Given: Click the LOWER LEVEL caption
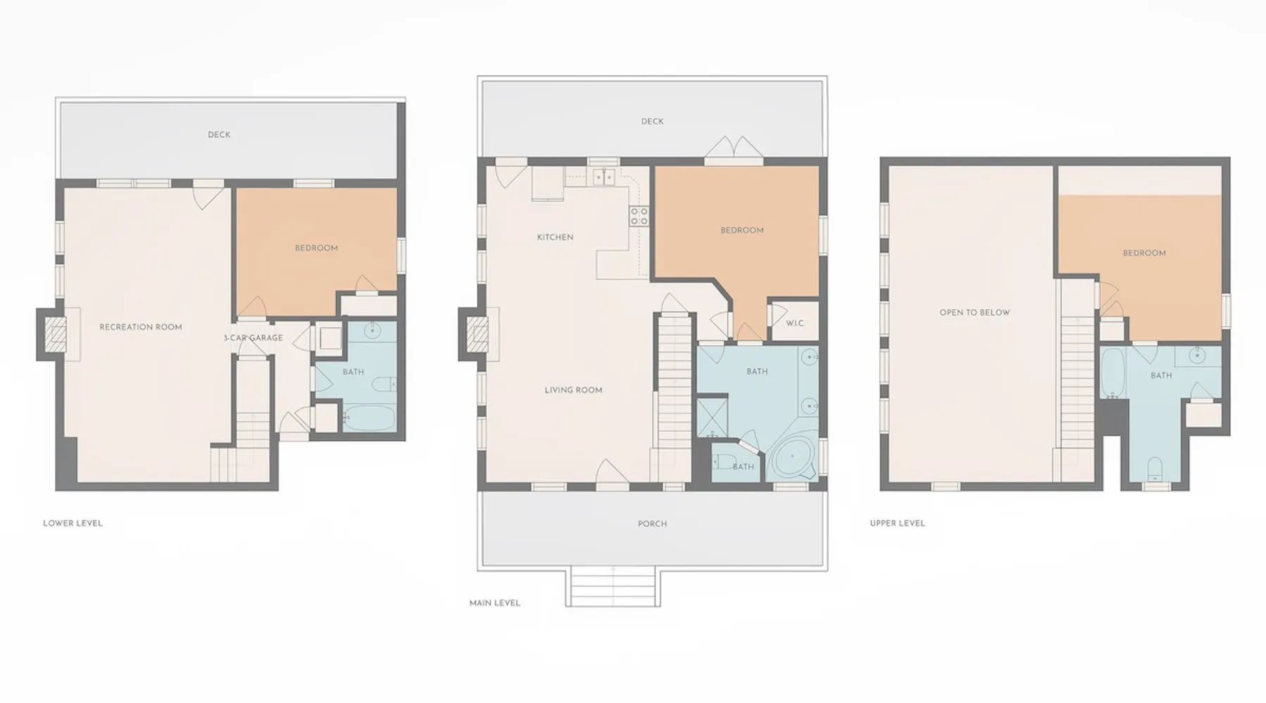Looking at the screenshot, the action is pyautogui.click(x=72, y=523).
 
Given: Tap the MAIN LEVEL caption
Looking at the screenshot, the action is pyautogui.click(x=494, y=602).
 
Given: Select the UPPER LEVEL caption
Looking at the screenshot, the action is pyautogui.click(x=897, y=523).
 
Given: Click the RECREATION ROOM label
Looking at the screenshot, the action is pyautogui.click(x=141, y=327).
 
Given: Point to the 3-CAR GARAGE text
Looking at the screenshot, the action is pyautogui.click(x=253, y=338).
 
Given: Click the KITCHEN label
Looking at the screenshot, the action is pyautogui.click(x=555, y=237).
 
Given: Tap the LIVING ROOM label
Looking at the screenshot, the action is pyautogui.click(x=573, y=390).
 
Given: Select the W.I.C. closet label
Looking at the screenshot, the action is pyautogui.click(x=795, y=323).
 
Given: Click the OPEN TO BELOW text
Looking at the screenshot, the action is pyautogui.click(x=975, y=312).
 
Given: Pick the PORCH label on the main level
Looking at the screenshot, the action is pyautogui.click(x=652, y=524).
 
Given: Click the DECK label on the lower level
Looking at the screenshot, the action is pyautogui.click(x=219, y=134).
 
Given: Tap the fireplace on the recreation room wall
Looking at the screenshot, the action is pyautogui.click(x=56, y=334).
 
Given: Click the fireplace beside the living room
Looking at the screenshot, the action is pyautogui.click(x=478, y=335).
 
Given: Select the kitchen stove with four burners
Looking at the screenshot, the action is pyautogui.click(x=639, y=216).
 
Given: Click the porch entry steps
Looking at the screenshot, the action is pyautogui.click(x=613, y=586).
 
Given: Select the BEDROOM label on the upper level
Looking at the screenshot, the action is pyautogui.click(x=1144, y=253).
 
